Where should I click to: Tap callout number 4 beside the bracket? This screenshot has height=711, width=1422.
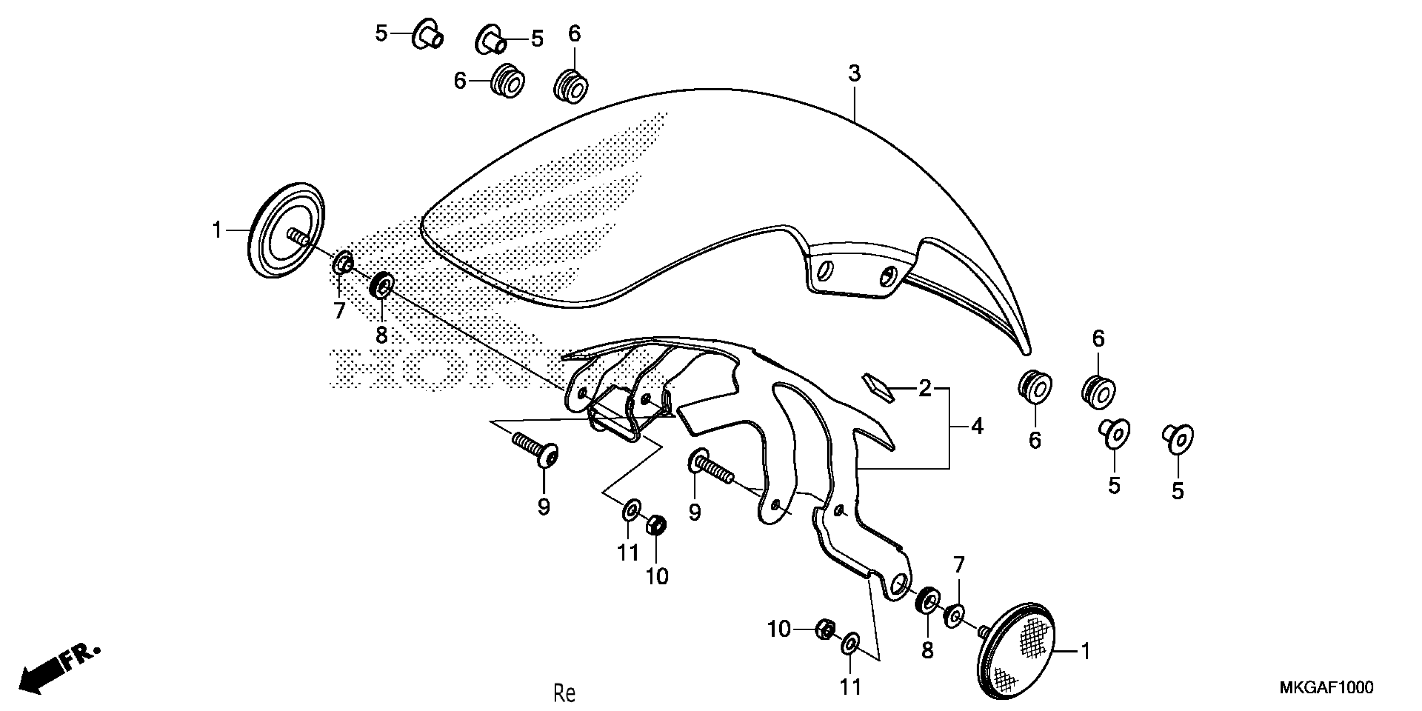pyautogui.click(x=977, y=426)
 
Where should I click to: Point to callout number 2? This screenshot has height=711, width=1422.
pyautogui.click(x=925, y=388)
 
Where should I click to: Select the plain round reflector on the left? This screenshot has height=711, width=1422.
pyautogui.click(x=285, y=230)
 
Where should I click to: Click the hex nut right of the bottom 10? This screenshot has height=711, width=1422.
pyautogui.click(x=825, y=629)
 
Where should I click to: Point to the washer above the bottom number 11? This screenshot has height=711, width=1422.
pyautogui.click(x=850, y=644)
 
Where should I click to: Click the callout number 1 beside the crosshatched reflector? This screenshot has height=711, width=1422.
pyautogui.click(x=1085, y=651)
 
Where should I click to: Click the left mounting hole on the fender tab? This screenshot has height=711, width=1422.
pyautogui.click(x=825, y=271)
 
